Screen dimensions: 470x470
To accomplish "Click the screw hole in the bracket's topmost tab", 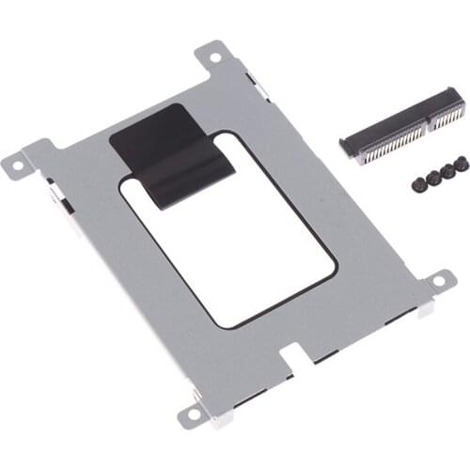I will pyautogui.click(x=215, y=57).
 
